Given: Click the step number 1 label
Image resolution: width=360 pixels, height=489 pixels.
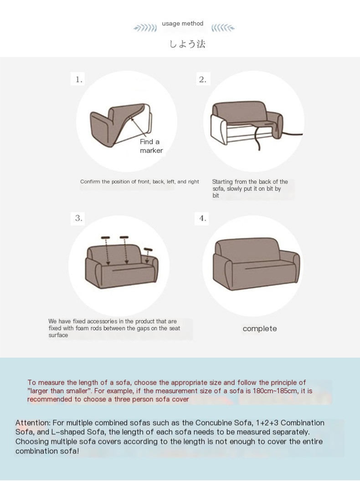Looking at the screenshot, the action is tap(79, 79).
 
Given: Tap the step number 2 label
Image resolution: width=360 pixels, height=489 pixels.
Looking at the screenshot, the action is tap(203, 79).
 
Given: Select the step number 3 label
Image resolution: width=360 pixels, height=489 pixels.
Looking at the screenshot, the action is tap(79, 218).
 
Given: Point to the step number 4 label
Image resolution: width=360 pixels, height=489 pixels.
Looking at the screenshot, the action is tap(203, 218).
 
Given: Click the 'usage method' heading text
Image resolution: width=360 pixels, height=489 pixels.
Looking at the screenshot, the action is tap(182, 23).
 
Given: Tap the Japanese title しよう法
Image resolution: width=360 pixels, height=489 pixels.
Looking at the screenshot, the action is tap(187, 44).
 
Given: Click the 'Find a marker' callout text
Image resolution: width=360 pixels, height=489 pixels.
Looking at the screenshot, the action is tap(151, 146).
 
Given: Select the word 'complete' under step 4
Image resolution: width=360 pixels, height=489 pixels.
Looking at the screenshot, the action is tap(260, 329).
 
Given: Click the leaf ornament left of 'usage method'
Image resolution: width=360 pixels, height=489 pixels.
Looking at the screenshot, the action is tap(145, 28).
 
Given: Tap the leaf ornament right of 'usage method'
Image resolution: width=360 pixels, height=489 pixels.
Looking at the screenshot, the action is tap(223, 28).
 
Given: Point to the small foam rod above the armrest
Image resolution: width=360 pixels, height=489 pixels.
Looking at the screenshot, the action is tap(148, 249).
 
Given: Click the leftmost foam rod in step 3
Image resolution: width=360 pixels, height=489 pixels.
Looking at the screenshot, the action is tap(106, 238).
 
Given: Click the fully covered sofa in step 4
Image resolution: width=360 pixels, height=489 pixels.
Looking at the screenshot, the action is tap(256, 264).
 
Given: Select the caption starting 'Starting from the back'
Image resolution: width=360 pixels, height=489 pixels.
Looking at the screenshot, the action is tap(250, 188).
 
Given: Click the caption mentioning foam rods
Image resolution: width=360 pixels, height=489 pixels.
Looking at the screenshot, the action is tap(114, 328).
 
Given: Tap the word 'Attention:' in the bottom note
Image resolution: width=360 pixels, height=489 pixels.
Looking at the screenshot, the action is tap(33, 423).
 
